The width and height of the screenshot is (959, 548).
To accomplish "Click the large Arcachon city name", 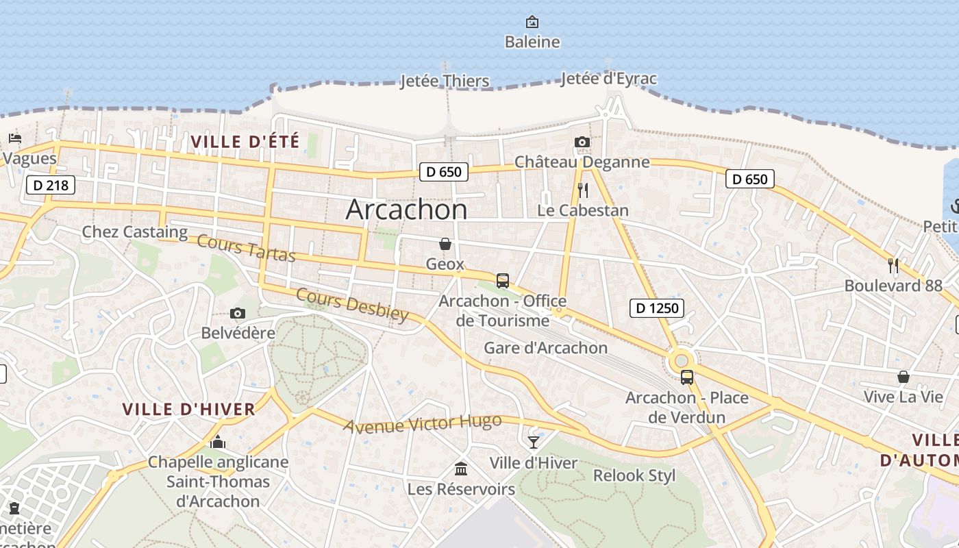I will pyautogui.click(x=406, y=209).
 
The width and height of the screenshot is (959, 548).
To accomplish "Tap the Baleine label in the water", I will pyautogui.click(x=532, y=42).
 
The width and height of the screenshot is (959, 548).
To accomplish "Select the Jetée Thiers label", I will pyautogui.click(x=445, y=82).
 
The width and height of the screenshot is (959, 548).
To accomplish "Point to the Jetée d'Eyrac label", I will pyautogui.click(x=608, y=79).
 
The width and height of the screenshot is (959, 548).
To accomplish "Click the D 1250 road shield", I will pyautogui.click(x=657, y=308).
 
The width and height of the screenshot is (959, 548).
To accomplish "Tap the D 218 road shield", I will pyautogui.click(x=50, y=185).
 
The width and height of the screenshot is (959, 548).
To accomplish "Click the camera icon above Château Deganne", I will pyautogui.click(x=582, y=142).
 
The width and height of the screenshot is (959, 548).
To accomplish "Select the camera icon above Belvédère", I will pyautogui.click(x=238, y=314).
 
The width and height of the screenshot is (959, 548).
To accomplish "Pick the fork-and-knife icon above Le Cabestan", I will pyautogui.click(x=583, y=190).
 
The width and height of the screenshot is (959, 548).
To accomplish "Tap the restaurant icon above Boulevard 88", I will pyautogui.click(x=893, y=265).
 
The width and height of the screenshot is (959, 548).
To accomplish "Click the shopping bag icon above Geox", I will pyautogui.click(x=445, y=244).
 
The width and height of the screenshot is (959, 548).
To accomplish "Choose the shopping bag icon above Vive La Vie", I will pyautogui.click(x=904, y=377).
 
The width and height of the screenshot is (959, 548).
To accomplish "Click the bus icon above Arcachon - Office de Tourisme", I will pyautogui.click(x=503, y=281).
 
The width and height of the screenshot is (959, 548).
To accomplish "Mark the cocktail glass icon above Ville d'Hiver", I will pyautogui.click(x=534, y=443).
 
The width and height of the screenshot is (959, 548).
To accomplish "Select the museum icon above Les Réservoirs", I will pyautogui.click(x=461, y=469).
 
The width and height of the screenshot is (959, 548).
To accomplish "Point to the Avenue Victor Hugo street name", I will pyautogui.click(x=423, y=424).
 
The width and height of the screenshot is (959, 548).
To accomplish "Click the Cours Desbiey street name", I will pyautogui.click(x=352, y=304).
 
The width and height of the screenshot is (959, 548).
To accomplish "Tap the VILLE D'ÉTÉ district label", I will pyautogui.click(x=245, y=142).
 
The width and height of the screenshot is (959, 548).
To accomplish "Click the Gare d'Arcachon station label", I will pyautogui.click(x=545, y=348).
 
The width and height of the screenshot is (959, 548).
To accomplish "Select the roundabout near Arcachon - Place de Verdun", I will pyautogui.click(x=681, y=360).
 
